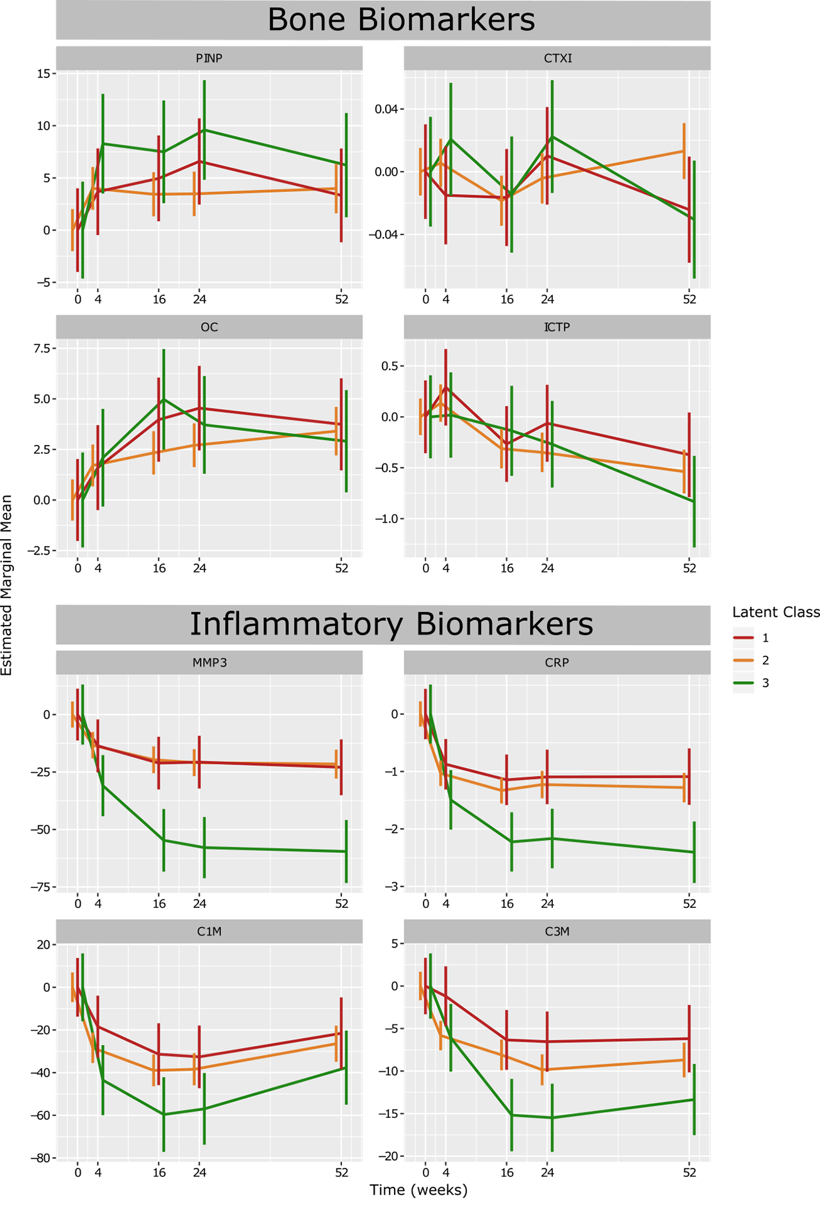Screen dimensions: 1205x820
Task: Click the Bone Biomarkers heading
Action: coord(401,20)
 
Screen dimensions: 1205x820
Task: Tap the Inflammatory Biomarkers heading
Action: coord(391,624)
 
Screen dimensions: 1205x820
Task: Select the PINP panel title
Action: coord(209,58)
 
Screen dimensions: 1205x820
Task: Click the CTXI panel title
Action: coord(557,58)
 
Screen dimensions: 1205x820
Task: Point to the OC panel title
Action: coord(209,327)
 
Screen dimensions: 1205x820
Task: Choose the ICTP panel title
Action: coord(557,327)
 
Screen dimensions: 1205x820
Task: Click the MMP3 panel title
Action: coord(209,663)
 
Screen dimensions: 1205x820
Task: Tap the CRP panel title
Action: coord(557,663)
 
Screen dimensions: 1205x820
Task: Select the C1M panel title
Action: coord(209,932)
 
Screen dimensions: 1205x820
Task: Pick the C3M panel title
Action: coord(557,932)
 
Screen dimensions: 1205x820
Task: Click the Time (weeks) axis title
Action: coord(418,1190)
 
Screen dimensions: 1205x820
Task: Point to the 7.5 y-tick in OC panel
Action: coord(41,348)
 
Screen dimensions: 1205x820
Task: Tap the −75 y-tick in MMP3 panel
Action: coord(38,887)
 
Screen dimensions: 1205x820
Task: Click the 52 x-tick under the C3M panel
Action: coord(689,1172)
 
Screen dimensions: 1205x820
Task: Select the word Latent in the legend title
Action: coord(755,612)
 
